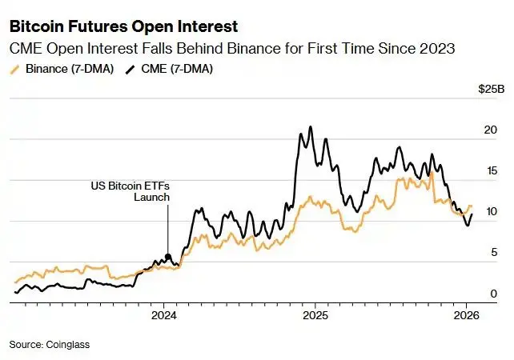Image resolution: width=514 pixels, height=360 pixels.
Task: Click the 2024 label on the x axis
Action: point(163,316)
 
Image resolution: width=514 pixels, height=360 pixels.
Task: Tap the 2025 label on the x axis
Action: point(314,316)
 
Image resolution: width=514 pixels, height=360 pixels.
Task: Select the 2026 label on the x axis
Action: point(466,316)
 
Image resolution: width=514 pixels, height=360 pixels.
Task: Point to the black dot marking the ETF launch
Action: point(167,257)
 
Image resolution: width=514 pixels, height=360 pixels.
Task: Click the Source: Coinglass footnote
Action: point(50,344)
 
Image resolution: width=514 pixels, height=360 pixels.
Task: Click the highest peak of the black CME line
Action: point(310,126)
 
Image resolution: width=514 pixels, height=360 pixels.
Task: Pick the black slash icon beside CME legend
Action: point(131,69)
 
